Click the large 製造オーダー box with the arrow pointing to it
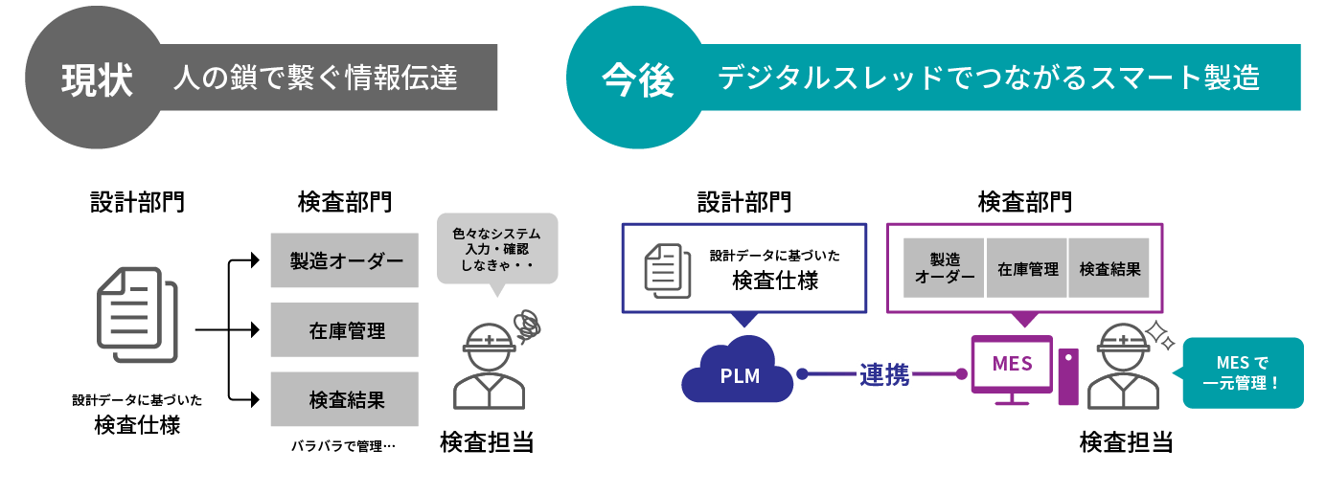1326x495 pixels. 345,260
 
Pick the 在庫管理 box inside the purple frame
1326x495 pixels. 1027,269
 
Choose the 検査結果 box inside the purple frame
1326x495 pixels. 1109,269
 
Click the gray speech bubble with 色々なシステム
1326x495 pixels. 496,248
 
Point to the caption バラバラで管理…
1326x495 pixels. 343,446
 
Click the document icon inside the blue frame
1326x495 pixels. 668,268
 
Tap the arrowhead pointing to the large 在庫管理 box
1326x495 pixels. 255,330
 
